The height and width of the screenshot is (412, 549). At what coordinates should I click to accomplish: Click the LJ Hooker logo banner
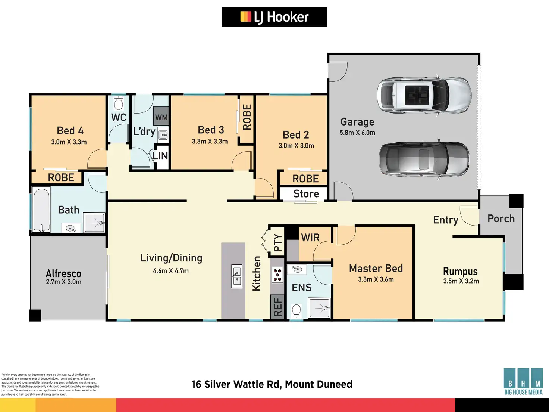(274, 17)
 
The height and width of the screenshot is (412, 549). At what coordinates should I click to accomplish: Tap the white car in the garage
(424, 95)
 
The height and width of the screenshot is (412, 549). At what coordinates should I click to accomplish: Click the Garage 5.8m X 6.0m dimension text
(357, 133)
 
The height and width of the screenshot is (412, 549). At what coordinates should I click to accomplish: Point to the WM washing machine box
(161, 117)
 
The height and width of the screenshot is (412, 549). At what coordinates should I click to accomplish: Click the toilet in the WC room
(119, 102)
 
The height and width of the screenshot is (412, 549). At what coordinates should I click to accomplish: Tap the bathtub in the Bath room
(41, 210)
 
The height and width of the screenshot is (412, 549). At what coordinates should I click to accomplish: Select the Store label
(306, 194)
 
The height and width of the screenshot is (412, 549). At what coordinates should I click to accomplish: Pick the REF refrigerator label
(278, 307)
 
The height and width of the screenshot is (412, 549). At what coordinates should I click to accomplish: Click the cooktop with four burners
(277, 275)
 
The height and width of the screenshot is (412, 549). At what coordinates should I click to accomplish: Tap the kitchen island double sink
(237, 276)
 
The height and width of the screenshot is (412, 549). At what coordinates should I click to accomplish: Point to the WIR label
(310, 238)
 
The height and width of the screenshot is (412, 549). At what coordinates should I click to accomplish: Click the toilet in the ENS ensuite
(297, 310)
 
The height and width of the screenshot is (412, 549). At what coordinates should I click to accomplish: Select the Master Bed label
(376, 268)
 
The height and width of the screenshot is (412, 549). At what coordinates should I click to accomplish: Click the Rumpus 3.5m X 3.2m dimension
(461, 281)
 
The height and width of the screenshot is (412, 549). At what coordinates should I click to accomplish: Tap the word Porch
(501, 219)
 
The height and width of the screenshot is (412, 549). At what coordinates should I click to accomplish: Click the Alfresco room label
(63, 273)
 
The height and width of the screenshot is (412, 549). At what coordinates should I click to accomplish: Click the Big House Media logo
(523, 381)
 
